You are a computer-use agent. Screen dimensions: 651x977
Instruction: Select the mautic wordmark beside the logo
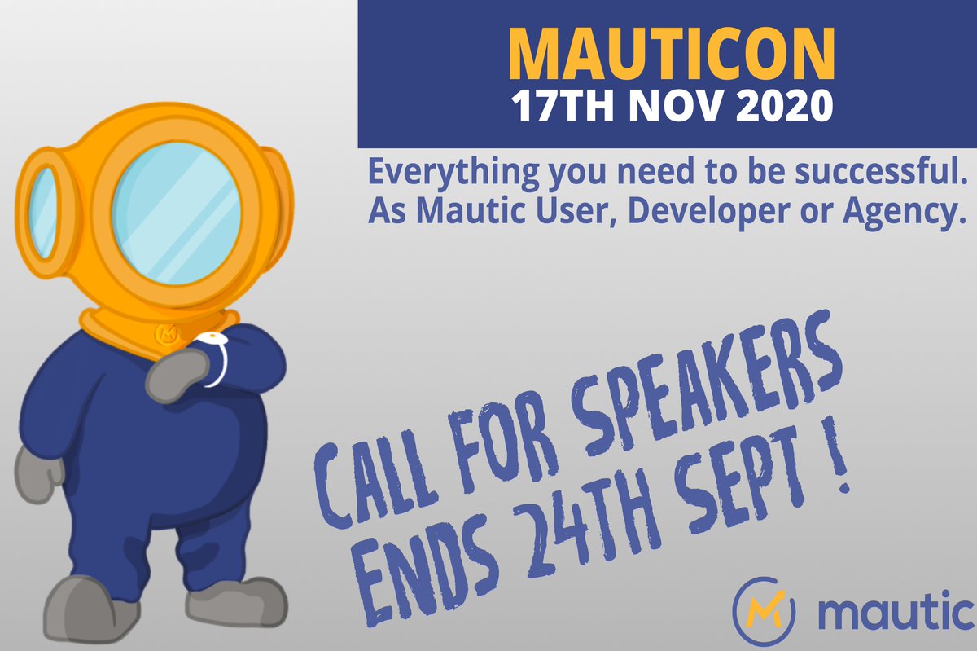pyautogui.click(x=896, y=611)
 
